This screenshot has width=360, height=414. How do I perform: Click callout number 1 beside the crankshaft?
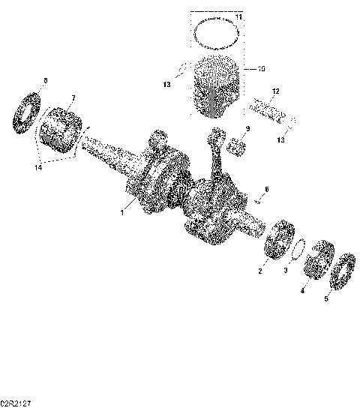click(122, 214)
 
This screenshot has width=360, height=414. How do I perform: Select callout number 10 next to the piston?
click(261, 70)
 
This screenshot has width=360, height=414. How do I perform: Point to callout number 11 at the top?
click(238, 16)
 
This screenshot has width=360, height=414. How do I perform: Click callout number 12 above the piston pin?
click(275, 91)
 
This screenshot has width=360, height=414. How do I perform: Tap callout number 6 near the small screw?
click(265, 189)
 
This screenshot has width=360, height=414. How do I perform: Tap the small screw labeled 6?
click(258, 199)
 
